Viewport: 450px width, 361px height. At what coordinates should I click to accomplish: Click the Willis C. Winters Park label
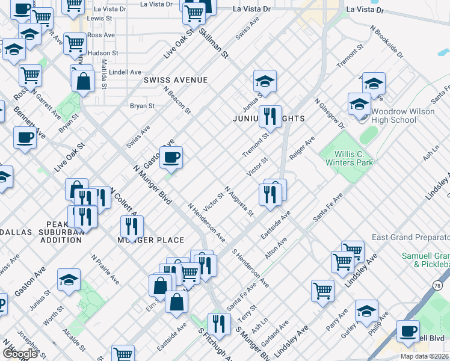[x=350, y=158]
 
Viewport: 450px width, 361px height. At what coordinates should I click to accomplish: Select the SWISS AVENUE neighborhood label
[x=175, y=80]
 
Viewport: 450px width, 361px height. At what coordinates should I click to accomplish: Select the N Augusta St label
[x=240, y=201]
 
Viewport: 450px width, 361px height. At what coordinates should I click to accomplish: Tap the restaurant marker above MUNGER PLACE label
[x=131, y=226]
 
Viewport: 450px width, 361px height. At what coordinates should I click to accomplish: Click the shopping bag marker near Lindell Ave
[x=84, y=81]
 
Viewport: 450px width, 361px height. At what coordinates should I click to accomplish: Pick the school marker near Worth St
[x=69, y=280]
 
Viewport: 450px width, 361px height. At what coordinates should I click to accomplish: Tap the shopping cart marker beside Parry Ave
[x=322, y=291]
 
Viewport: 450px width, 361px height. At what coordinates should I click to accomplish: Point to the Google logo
[x=19, y=354]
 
